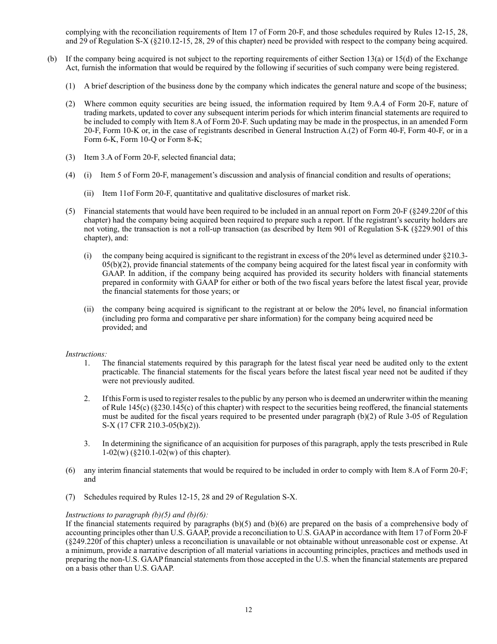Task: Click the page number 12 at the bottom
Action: coord(249,609)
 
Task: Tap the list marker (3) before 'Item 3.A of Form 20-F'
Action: coord(70,157)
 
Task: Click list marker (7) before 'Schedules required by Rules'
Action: coord(70,497)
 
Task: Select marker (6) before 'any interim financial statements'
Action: coord(70,470)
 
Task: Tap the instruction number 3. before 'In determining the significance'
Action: coord(87,443)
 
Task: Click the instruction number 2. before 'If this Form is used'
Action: coord(87,399)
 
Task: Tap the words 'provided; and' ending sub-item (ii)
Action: coord(125,327)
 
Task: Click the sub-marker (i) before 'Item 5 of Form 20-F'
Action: coord(87,175)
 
